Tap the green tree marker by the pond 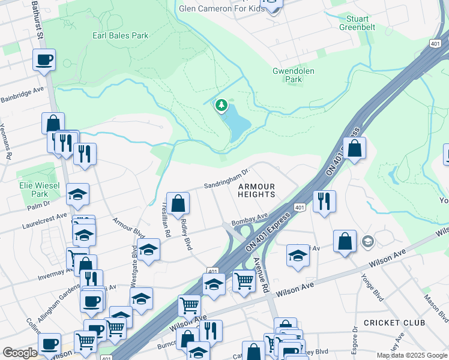[x=222, y=106]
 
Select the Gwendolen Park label [x=294, y=75]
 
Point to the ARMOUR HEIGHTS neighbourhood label [x=256, y=191]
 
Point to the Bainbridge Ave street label [x=22, y=95]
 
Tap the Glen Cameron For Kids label [x=221, y=8]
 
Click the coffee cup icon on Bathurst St [x=44, y=60]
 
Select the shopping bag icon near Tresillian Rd [x=178, y=203]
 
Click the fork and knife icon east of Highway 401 [x=324, y=200]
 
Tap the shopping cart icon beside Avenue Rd [x=244, y=280]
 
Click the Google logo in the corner [x=20, y=353]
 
